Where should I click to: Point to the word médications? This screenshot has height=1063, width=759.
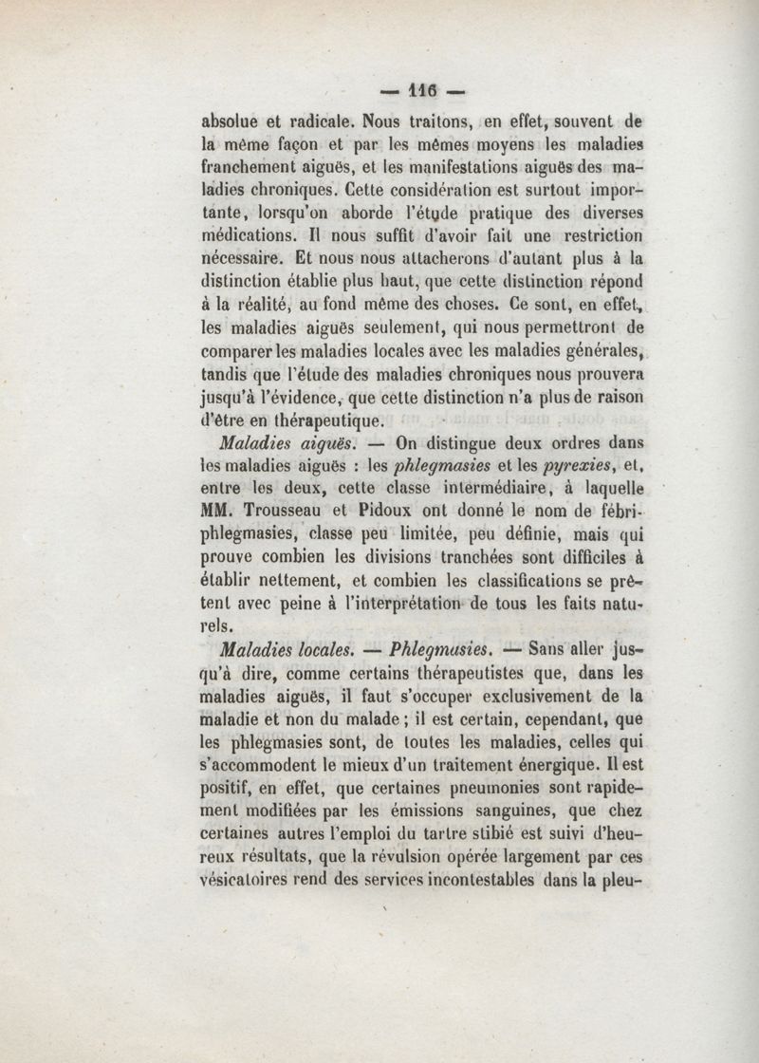coord(246,234)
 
